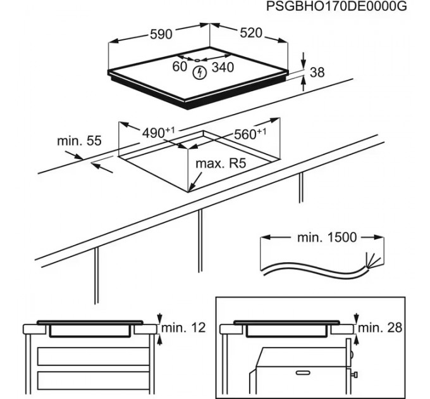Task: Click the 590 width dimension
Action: tap(160, 34)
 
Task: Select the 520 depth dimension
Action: tap(250, 33)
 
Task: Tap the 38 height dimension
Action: tap(317, 73)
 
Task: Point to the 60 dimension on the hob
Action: tap(180, 66)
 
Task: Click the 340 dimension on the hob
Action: tap(222, 66)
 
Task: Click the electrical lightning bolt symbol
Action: tap(200, 72)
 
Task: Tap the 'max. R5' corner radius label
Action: tap(220, 164)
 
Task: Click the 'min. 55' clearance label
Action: tap(79, 141)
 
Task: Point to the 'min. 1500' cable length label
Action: tap(327, 237)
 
